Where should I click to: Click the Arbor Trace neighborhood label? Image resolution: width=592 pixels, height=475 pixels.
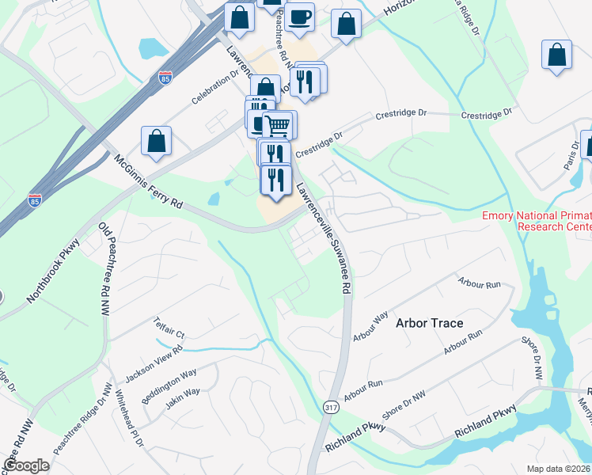point(429,323)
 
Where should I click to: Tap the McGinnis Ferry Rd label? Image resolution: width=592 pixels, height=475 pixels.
point(149,181)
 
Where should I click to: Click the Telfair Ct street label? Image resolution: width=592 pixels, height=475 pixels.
point(169,327)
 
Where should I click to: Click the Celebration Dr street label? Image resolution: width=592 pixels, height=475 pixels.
point(215,88)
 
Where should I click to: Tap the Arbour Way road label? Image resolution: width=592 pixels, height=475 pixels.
point(370,325)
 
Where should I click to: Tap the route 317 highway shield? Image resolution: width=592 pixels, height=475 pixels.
point(332,406)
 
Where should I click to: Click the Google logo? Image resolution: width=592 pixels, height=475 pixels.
point(26,465)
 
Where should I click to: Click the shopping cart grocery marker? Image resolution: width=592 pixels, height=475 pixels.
point(277,125)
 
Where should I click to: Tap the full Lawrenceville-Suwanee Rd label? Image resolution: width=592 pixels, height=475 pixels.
point(323,240)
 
